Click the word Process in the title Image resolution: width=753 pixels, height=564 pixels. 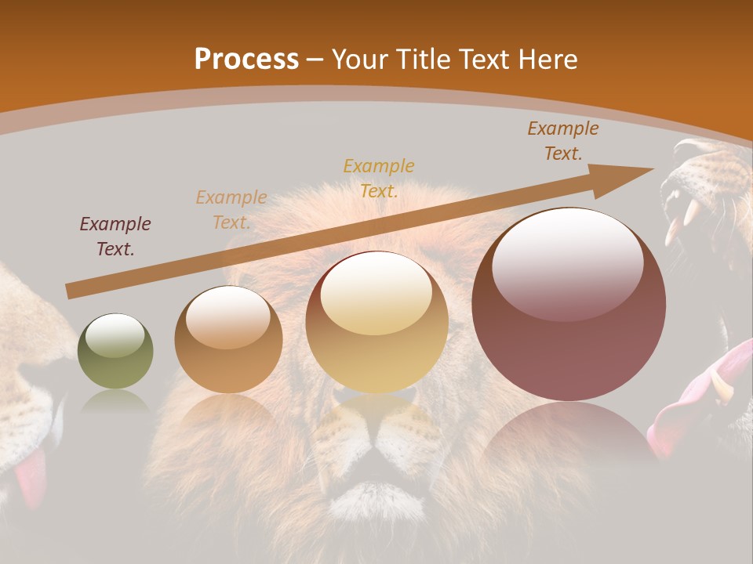[x=246, y=60]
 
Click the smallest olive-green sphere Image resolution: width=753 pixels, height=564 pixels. [x=115, y=351]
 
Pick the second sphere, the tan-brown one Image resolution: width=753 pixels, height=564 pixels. [x=228, y=339]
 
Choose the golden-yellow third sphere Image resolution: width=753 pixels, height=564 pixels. [x=377, y=322]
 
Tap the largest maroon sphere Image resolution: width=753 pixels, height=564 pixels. [x=569, y=304]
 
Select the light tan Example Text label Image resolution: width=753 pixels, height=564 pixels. [x=231, y=210]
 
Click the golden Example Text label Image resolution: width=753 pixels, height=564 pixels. [x=379, y=178]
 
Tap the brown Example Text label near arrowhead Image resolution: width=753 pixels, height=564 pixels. [x=563, y=141]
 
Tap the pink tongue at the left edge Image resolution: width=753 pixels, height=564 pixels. [x=30, y=478]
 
